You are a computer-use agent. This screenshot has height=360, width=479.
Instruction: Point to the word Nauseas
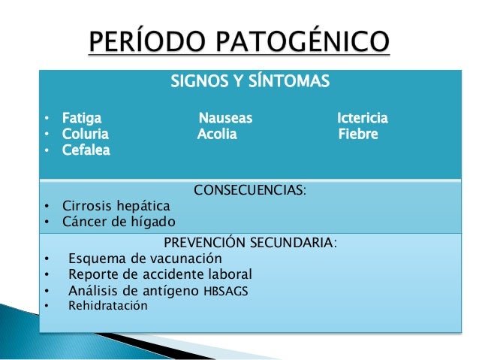pos(225,118)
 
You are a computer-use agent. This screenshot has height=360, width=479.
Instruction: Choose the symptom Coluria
pos(86,135)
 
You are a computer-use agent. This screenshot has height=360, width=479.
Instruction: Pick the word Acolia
pos(217,135)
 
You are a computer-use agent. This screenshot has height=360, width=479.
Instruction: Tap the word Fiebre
pos(358,135)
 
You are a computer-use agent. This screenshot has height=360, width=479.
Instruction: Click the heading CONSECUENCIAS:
pos(249,189)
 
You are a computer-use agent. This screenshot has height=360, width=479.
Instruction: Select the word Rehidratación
pos(108,306)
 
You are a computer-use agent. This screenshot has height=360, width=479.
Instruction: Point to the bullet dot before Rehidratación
pos(47,307)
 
